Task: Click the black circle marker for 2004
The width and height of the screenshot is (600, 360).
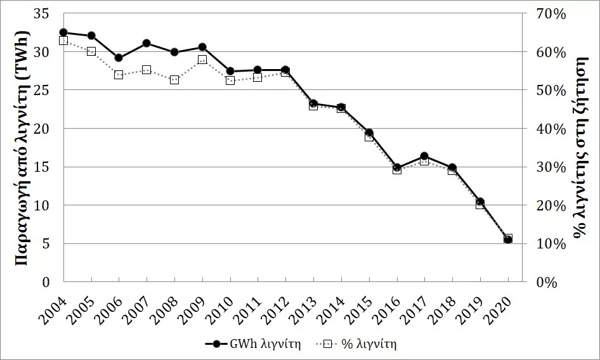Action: (x=63, y=32)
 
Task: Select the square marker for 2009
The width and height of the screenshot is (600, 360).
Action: (x=202, y=60)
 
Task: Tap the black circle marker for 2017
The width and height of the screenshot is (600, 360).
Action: (x=424, y=156)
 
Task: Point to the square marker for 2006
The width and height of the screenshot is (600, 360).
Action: (x=119, y=75)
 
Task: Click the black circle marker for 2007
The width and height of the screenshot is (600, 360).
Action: (x=147, y=43)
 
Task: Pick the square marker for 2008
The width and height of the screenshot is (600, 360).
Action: (x=174, y=80)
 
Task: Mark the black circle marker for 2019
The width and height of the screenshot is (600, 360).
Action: (x=480, y=202)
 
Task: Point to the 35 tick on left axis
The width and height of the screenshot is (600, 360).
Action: (x=42, y=14)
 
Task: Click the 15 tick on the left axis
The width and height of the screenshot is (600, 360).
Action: (x=42, y=167)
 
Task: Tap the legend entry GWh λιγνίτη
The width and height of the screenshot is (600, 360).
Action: (x=253, y=344)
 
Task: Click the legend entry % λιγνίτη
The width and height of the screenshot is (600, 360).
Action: (x=356, y=344)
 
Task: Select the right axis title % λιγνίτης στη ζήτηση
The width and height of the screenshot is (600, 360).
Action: (x=580, y=147)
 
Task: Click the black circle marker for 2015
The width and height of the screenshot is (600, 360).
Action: (x=369, y=132)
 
